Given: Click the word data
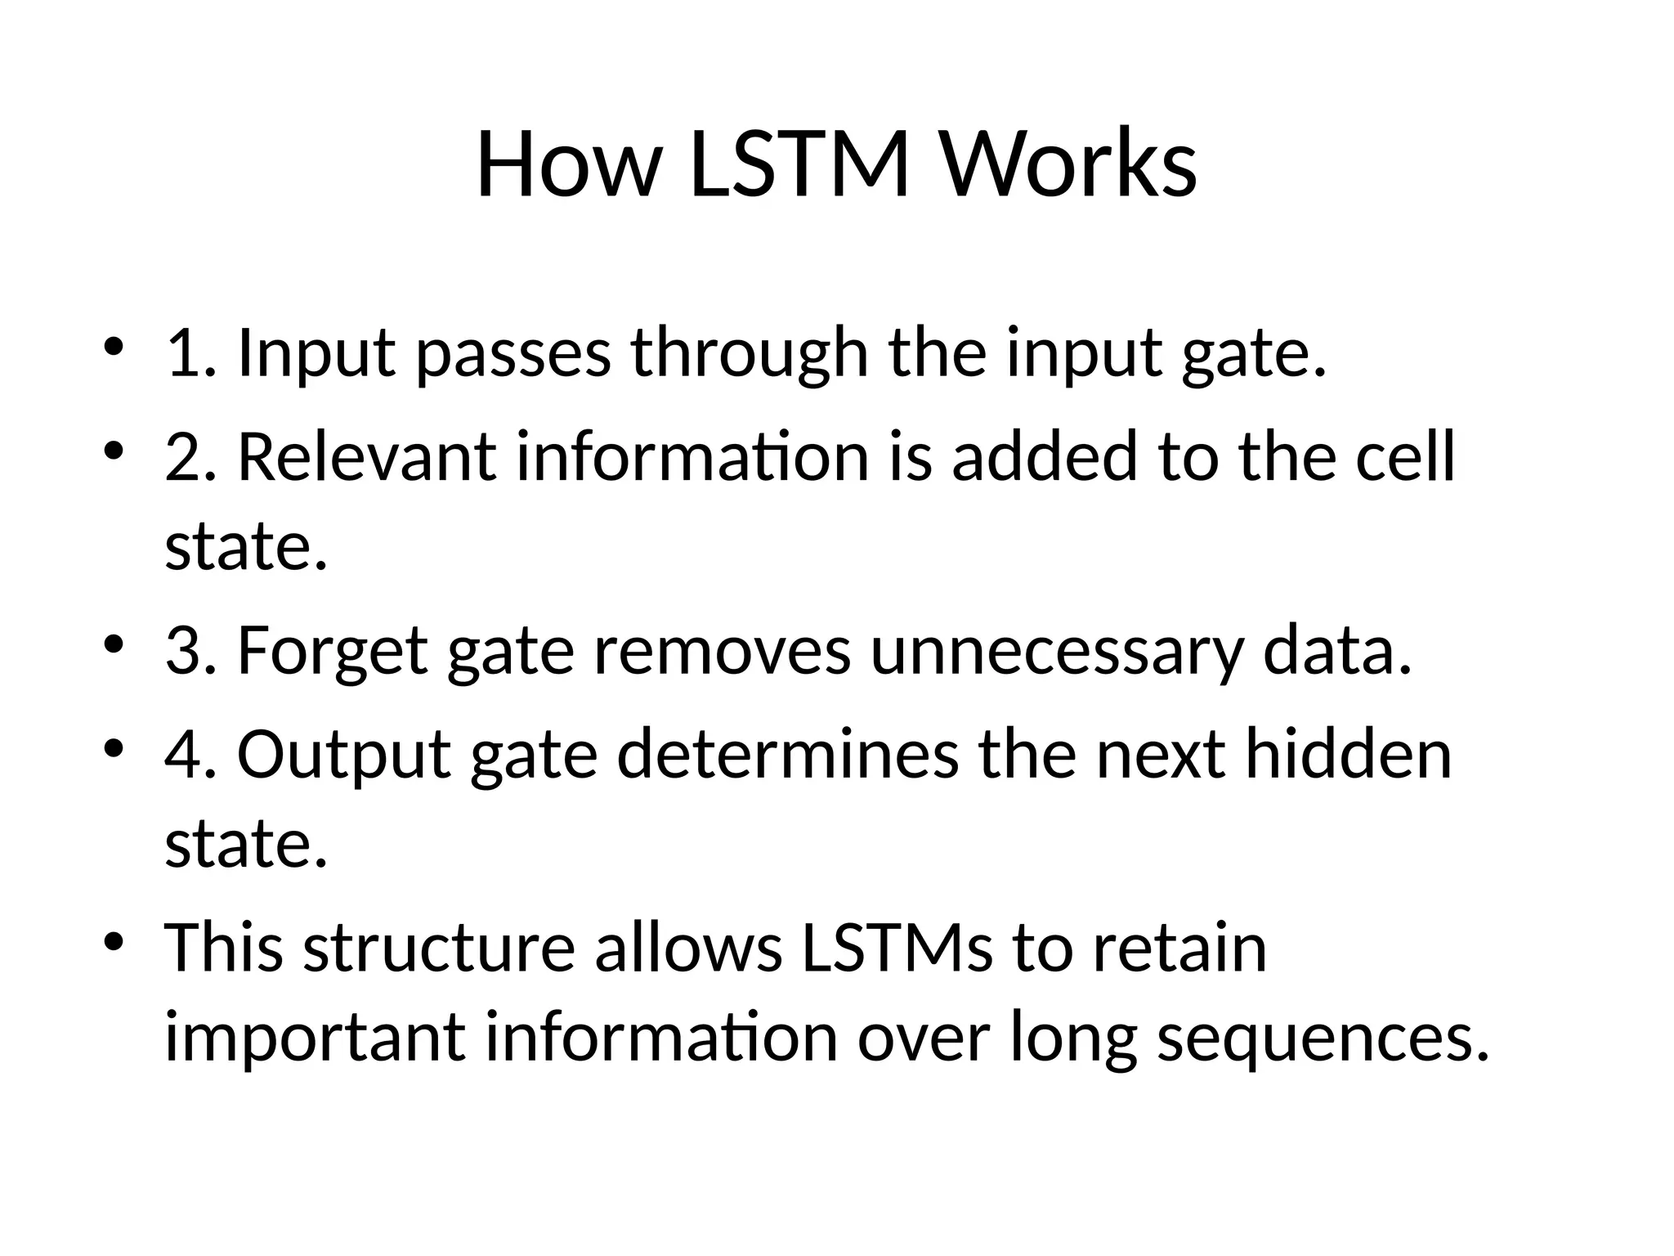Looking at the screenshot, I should (1337, 651).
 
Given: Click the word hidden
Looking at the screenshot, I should (1348, 754).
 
